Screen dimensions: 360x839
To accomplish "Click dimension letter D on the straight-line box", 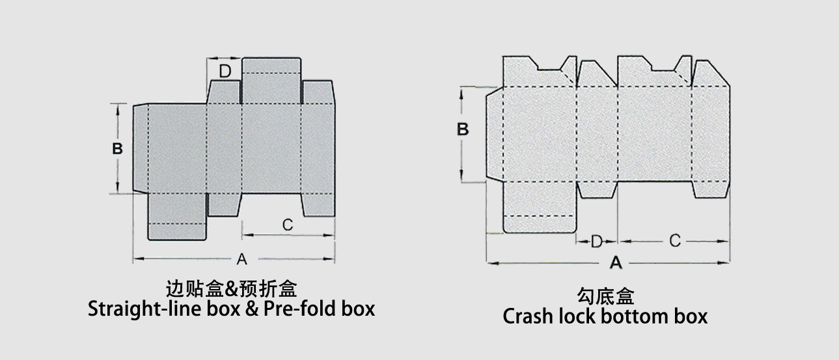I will tap(225, 71).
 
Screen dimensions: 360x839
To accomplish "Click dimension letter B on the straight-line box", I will tap(117, 148).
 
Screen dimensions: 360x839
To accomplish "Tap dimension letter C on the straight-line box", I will tap(288, 225).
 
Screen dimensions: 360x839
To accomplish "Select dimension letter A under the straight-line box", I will tap(241, 259).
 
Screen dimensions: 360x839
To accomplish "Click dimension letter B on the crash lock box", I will tap(463, 129).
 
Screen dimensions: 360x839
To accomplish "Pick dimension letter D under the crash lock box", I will tap(597, 242).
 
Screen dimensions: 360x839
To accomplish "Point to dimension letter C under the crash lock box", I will tap(675, 241).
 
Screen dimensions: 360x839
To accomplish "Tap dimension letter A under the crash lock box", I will tap(615, 263).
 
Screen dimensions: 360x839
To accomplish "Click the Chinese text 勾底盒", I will tap(605, 297).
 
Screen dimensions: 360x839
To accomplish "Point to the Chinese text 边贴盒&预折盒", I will tap(232, 288).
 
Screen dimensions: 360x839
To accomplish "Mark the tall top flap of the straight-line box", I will tap(271, 81).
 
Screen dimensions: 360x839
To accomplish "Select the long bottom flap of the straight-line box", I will tap(177, 216).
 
